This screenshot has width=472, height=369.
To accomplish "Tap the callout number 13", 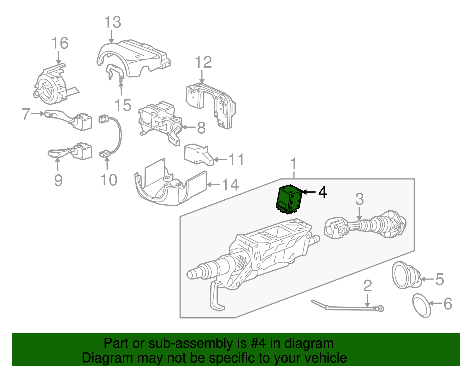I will [113, 22].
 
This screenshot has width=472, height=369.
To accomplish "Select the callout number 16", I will [60, 43].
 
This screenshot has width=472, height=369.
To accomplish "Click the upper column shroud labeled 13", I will [133, 58].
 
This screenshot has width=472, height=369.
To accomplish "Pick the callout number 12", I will [203, 62].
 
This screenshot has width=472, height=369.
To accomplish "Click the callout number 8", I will [201, 128].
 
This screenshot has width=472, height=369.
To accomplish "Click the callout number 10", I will [109, 180].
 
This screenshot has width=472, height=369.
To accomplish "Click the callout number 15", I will [123, 105].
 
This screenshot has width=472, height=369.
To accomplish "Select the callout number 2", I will [368, 286].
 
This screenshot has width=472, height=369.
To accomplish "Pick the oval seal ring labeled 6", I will [421, 306].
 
